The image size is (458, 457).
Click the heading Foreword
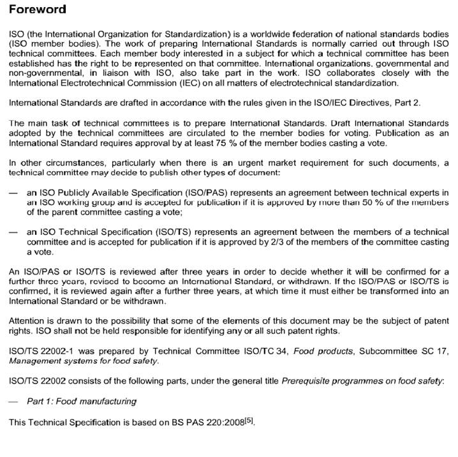(x=37, y=10)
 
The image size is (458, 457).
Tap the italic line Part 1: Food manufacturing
(x=82, y=401)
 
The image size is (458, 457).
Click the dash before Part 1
(x=13, y=401)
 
